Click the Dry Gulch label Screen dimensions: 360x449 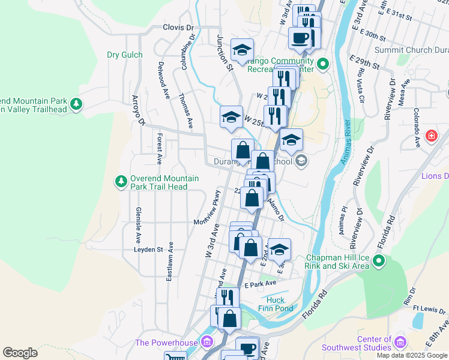click(x=125, y=55)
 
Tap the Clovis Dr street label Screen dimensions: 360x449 click(x=178, y=28)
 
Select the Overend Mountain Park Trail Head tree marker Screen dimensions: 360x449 click(x=121, y=181)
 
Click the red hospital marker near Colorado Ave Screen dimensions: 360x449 click(x=430, y=136)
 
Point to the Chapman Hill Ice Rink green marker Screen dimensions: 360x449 click(x=379, y=261)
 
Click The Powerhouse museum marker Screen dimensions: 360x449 click(x=206, y=343)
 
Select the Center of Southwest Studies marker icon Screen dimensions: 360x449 click(x=400, y=343)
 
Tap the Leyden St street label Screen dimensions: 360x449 click(x=148, y=249)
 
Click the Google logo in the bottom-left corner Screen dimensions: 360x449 click(x=20, y=353)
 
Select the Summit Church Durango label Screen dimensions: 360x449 click(x=411, y=50)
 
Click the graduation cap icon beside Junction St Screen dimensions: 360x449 click(x=242, y=50)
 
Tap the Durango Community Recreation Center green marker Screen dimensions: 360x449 click(x=323, y=64)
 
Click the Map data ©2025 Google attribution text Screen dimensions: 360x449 click(x=411, y=355)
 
